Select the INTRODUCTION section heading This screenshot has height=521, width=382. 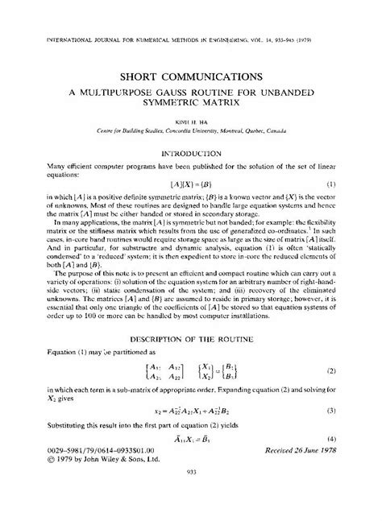pyautogui.click(x=191, y=152)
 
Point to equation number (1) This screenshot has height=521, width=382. pyautogui.click(x=353, y=186)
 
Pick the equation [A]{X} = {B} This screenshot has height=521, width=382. pyautogui.click(x=190, y=186)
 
